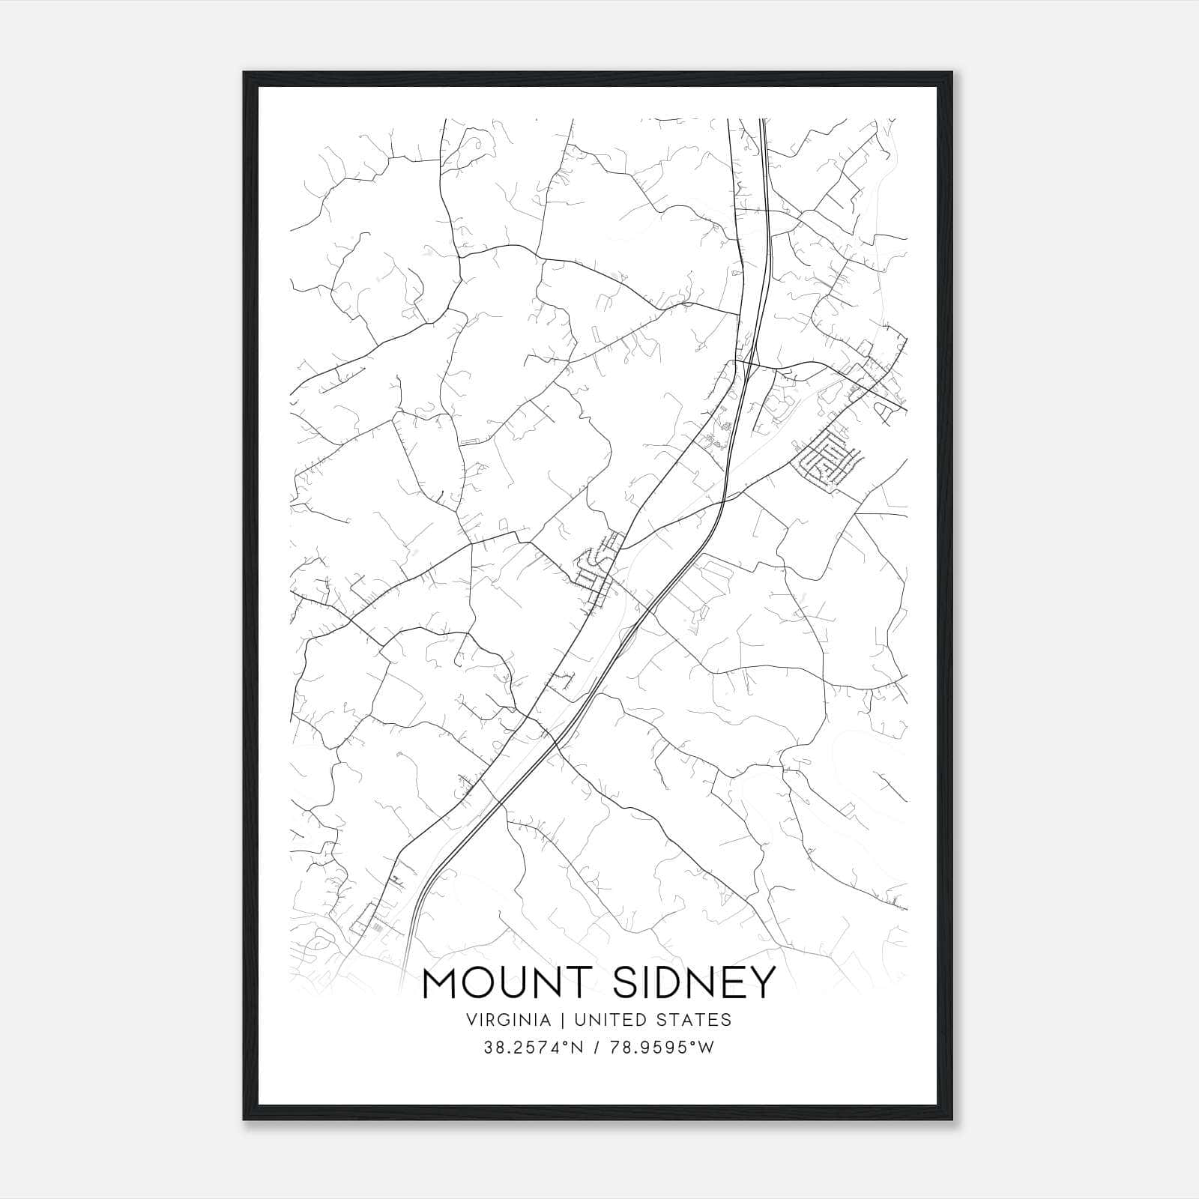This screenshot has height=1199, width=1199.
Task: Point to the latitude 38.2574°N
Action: (x=534, y=1048)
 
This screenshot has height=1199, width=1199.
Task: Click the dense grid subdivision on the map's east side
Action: (x=827, y=459)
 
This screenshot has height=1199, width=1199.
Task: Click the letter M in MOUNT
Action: (x=443, y=984)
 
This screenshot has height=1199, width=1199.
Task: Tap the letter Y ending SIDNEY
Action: (x=761, y=984)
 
